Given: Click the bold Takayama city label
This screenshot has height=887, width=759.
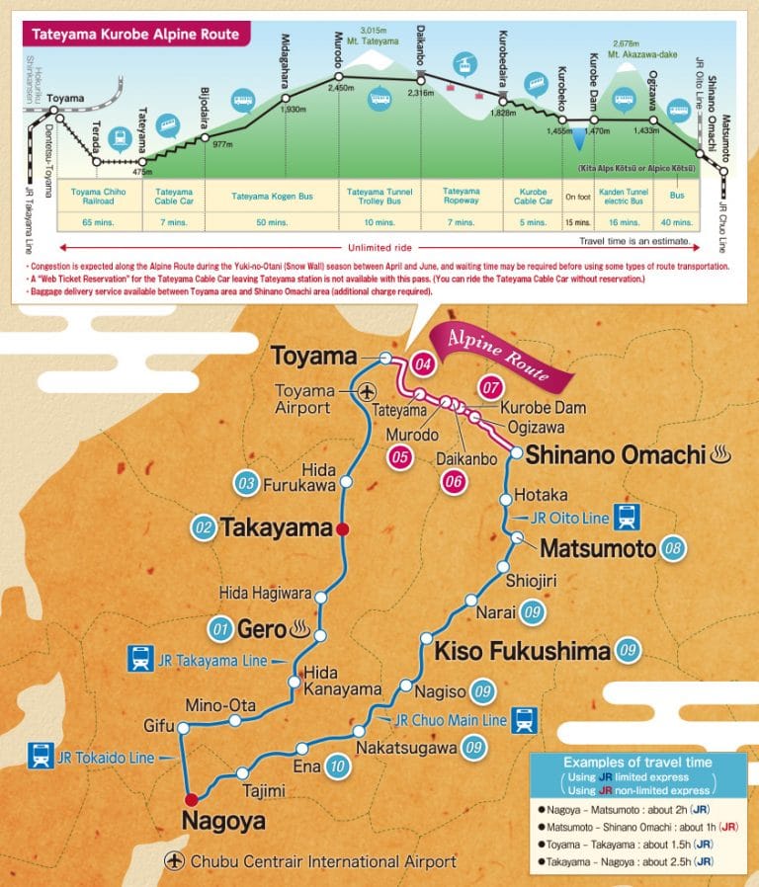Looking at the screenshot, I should [276, 527].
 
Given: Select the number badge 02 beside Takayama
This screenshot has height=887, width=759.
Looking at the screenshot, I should [205, 527].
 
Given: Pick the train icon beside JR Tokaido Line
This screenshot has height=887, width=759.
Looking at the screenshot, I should [42, 758].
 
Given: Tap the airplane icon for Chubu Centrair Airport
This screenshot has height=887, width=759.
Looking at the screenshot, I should [177, 861].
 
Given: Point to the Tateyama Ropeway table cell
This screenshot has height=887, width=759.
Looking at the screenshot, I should [461, 195].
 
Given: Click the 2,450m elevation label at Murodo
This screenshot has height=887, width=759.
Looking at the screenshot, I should [340, 88].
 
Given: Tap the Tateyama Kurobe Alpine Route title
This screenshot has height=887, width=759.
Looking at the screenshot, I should [135, 35].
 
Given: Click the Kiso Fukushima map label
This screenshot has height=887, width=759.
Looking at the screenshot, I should [520, 651].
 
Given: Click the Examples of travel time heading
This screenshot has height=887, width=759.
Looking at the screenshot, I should [636, 762].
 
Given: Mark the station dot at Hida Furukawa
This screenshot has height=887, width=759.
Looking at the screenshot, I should [346, 482].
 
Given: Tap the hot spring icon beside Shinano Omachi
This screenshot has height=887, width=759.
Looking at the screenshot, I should [720, 455].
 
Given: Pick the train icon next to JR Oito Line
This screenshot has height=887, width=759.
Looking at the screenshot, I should [625, 516].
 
